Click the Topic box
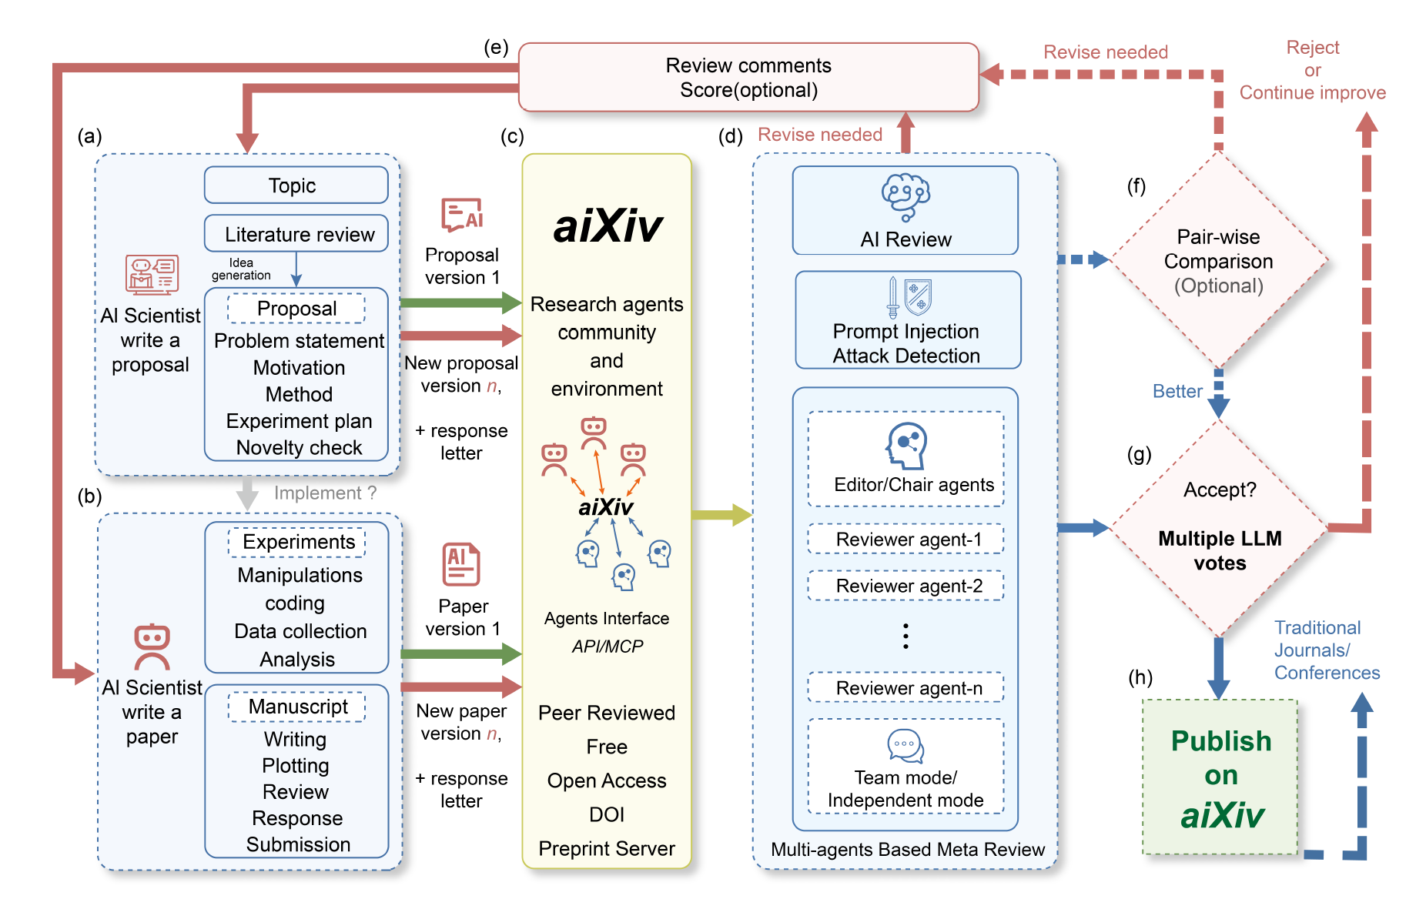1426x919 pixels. [296, 185]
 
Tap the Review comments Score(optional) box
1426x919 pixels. [748, 78]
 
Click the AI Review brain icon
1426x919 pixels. [905, 196]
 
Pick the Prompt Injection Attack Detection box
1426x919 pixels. [908, 320]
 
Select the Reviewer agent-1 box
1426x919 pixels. [905, 540]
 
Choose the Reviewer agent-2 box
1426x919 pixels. [905, 586]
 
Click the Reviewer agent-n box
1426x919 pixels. [905, 687]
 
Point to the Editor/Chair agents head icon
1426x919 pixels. [906, 446]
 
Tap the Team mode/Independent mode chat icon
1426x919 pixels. [905, 746]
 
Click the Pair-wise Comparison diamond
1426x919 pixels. [1218, 261]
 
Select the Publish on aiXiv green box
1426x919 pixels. [1220, 777]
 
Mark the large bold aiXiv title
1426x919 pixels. [608, 226]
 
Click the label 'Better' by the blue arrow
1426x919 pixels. [1177, 392]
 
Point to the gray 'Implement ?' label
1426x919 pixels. [325, 493]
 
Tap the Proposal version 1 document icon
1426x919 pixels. [462, 214]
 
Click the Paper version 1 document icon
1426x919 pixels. [461, 564]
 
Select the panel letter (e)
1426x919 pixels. [496, 48]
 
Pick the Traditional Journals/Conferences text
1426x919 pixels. [1326, 650]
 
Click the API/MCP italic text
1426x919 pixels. [607, 647]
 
